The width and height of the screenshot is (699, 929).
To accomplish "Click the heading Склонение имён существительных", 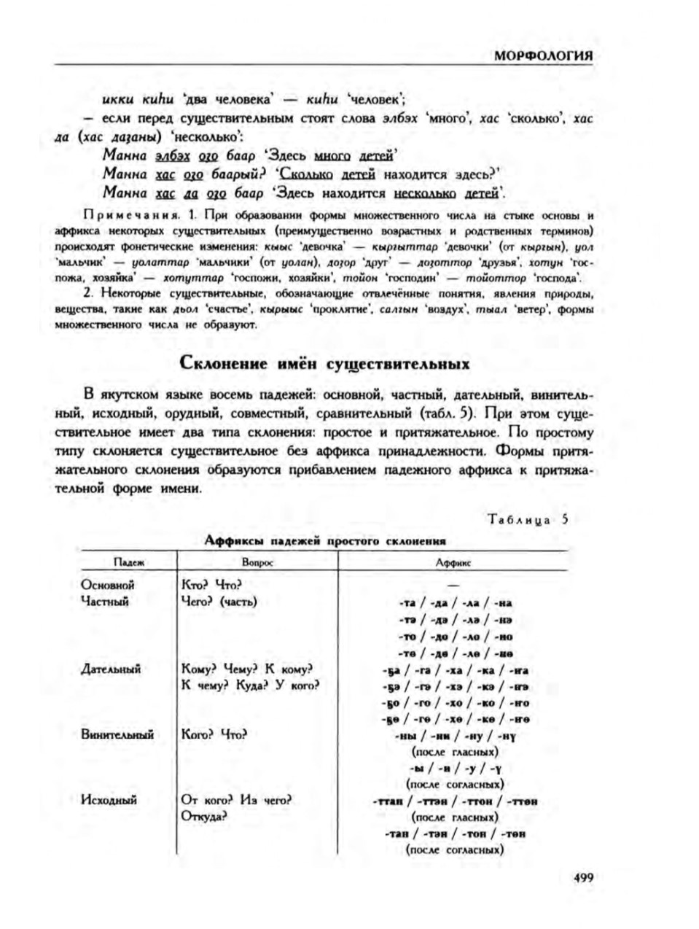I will click(324, 362).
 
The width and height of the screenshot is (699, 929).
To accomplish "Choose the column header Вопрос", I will click(257, 562).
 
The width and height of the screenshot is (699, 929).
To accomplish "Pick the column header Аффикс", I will click(453, 562).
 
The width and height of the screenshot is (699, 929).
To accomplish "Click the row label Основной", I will click(108, 585).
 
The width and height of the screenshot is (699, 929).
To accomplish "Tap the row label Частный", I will click(105, 602).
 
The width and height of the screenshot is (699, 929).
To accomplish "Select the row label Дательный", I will click(111, 669).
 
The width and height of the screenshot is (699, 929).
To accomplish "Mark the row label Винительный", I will click(117, 734).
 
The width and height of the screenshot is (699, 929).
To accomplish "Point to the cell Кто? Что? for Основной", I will click(211, 585).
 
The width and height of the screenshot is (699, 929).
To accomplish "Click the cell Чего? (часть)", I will click(219, 602).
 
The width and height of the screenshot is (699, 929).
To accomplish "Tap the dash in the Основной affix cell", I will click(454, 586).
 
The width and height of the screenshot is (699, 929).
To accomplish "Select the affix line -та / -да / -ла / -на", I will click(456, 603).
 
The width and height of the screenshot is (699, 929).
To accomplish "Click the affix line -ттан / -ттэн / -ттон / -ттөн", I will click(455, 801).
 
